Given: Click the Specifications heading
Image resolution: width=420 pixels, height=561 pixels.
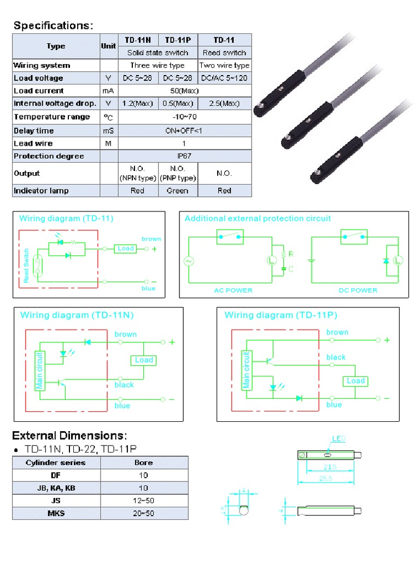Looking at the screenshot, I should click(x=54, y=25).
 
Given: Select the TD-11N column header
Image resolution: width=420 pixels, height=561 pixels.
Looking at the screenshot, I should click(x=138, y=40).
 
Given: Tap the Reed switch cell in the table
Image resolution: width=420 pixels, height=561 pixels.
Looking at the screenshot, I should click(x=224, y=53).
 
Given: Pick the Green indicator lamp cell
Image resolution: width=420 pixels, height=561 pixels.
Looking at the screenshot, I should click(x=177, y=191).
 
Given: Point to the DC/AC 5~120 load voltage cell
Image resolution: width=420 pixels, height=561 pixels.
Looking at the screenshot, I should click(x=224, y=78).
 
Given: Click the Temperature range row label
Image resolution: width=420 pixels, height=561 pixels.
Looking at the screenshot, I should click(x=51, y=117).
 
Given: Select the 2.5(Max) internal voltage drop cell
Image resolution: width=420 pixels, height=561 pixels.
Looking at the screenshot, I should click(x=224, y=104).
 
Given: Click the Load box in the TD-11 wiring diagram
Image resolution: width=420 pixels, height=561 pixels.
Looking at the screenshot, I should click(x=126, y=249).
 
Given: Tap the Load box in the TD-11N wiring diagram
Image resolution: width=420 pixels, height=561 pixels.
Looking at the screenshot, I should click(x=144, y=360).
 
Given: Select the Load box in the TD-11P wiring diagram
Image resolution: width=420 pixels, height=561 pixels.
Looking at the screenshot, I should click(x=355, y=381).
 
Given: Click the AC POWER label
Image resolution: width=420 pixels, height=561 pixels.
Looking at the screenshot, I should click(x=233, y=290).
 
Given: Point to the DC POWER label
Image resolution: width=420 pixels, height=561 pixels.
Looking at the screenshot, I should click(x=357, y=290).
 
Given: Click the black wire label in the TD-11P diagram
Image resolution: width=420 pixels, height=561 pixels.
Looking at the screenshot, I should click(x=336, y=357).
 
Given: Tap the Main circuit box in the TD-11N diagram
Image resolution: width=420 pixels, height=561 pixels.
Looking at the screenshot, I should click(x=39, y=370).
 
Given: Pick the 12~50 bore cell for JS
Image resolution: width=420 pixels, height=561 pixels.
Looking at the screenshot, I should click(x=143, y=501).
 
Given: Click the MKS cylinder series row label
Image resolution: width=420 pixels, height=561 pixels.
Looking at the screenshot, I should click(x=56, y=513).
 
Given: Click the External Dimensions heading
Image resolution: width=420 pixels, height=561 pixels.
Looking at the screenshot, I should click(x=69, y=436).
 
